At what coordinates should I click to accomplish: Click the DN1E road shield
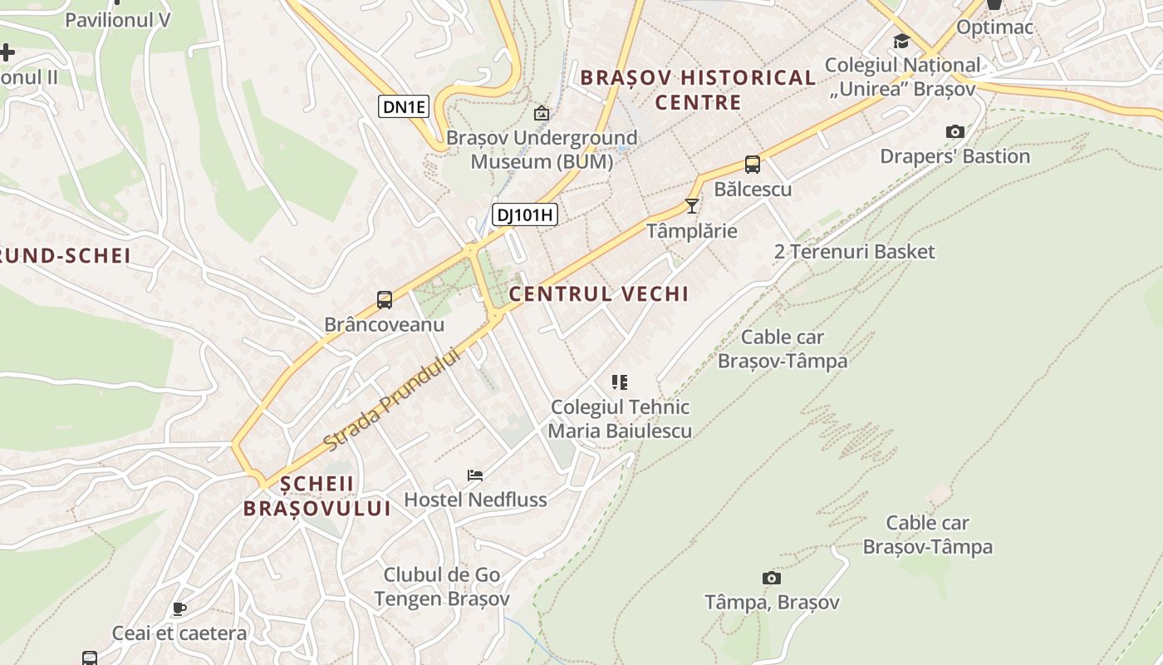pos(404,106)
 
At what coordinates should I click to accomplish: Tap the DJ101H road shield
pos(524,215)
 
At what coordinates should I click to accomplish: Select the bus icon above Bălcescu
pos(753,165)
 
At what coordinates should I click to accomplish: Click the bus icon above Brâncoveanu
pos(385,300)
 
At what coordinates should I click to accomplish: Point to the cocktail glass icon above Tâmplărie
pos(692,205)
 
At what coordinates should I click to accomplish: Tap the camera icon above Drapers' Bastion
pos(955,131)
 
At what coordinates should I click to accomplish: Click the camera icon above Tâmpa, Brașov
pos(772,578)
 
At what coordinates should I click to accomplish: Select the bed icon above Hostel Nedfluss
pos(475,475)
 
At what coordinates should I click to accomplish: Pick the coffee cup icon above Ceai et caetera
pos(179,609)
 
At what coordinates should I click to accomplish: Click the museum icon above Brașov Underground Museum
pos(542,113)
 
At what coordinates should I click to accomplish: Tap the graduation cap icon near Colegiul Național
pos(901,42)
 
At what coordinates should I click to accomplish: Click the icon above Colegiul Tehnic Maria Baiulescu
pos(620,382)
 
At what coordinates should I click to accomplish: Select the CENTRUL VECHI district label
pos(599,294)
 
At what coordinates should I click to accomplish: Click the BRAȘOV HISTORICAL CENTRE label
pos(698,90)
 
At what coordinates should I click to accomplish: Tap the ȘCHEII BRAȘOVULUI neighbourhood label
pos(317,496)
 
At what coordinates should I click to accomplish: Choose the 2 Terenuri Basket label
pos(855,252)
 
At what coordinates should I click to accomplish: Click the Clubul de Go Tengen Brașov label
pos(441,587)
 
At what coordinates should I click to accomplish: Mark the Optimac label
pos(994,27)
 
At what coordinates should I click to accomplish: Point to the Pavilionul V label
pos(117,20)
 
